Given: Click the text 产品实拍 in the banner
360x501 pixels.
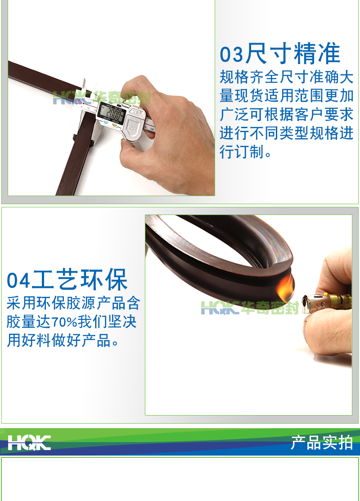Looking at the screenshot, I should (322, 443).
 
